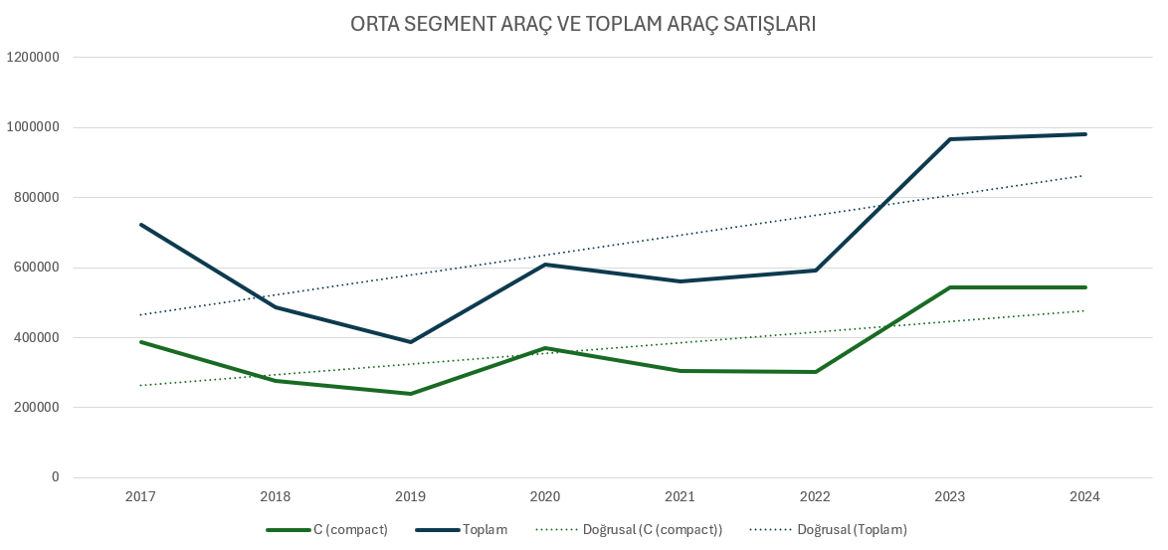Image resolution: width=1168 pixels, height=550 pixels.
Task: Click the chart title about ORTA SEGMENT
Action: click(583, 24)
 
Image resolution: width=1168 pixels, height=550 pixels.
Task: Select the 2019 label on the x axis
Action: click(411, 496)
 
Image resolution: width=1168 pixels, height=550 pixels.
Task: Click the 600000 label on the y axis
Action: click(37, 268)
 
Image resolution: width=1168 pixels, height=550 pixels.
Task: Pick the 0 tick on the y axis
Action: click(56, 477)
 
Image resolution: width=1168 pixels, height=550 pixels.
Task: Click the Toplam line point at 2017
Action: click(141, 225)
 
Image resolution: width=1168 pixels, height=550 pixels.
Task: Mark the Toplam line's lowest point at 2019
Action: click(411, 342)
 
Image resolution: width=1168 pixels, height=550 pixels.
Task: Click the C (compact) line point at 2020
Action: click(546, 348)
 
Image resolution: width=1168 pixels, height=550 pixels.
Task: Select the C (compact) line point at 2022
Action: click(816, 372)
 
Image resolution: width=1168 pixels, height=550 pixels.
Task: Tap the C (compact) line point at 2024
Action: click(1085, 287)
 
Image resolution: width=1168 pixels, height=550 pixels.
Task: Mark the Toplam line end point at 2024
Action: click(1085, 134)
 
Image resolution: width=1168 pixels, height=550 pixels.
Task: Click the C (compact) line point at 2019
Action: click(411, 394)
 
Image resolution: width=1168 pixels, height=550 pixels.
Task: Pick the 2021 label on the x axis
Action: click(681, 496)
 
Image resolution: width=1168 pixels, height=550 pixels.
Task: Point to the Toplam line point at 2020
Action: click(546, 265)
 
